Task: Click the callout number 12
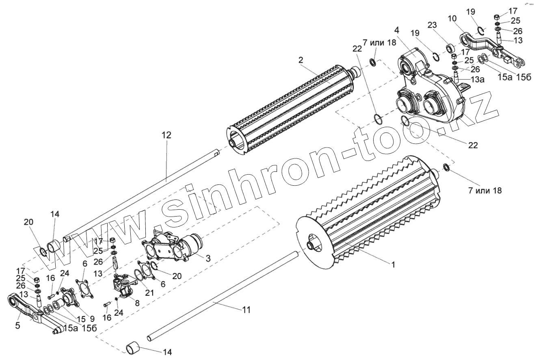pyautogui.click(x=167, y=135)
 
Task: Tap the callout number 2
pyautogui.click(x=301, y=60)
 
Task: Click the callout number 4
pyautogui.click(x=396, y=30)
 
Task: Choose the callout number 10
pyautogui.click(x=452, y=20)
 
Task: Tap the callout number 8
pyautogui.click(x=137, y=303)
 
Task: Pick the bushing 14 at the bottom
pyautogui.click(x=134, y=348)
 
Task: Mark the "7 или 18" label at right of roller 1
pyautogui.click(x=480, y=189)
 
